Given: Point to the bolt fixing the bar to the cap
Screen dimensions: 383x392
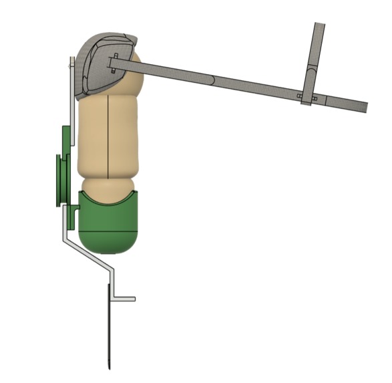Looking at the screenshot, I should (116, 63).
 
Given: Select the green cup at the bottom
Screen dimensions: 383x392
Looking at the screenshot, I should (108, 221).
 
